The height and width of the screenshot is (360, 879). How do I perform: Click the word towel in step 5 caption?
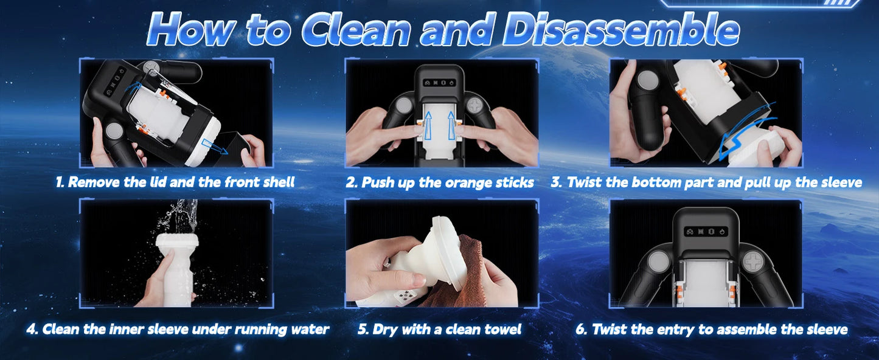pyautogui.click(x=502, y=330)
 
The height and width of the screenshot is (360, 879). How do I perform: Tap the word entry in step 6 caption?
pyautogui.click(x=676, y=330)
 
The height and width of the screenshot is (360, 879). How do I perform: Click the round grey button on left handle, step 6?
pyautogui.click(x=658, y=261)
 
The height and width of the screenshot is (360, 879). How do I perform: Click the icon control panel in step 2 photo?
pyautogui.click(x=439, y=83)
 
